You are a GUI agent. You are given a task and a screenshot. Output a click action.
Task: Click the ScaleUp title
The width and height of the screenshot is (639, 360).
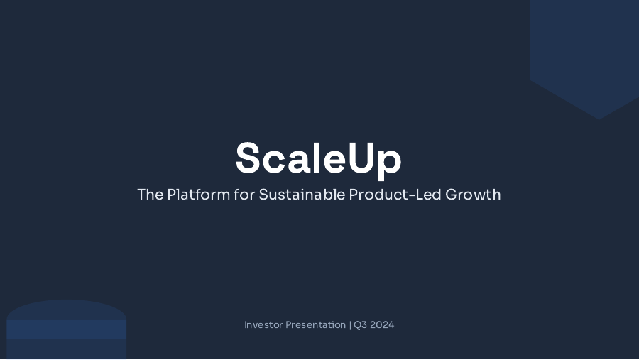coord(318,158)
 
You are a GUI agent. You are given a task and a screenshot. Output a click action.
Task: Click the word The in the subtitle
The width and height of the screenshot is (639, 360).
coord(150,195)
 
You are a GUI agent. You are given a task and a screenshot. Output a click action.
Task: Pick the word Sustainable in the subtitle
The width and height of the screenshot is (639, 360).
coord(302,195)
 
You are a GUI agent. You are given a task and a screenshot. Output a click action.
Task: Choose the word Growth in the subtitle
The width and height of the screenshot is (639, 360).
coord(473,195)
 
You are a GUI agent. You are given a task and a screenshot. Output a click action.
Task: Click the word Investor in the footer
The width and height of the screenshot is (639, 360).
coord(263,325)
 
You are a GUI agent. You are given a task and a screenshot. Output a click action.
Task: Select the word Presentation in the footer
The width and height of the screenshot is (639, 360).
coord(315,325)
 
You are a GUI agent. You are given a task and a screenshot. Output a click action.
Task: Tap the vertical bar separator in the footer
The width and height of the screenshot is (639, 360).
coord(350,325)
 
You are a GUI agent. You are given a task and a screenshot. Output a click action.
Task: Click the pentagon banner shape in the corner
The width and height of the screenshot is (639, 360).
coord(584,50)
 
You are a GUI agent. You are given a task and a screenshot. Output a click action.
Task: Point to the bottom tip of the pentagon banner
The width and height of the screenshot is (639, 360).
coord(600,118)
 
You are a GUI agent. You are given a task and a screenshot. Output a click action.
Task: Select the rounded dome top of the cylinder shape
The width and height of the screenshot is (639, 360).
coord(66,309)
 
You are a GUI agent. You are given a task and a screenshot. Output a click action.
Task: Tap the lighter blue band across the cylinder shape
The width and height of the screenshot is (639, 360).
coord(66,329)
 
